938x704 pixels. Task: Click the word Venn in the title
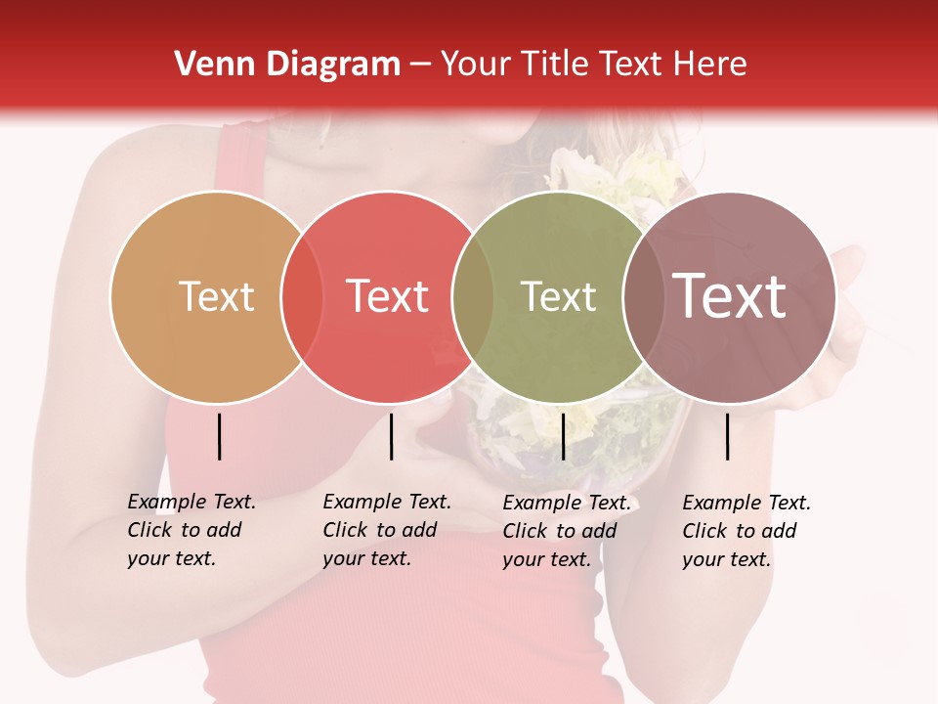(x=206, y=65)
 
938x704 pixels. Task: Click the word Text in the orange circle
(x=216, y=296)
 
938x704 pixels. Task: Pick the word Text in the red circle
(x=387, y=296)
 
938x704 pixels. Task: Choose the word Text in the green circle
(x=558, y=296)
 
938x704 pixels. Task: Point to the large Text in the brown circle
(x=730, y=295)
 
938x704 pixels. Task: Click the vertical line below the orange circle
(x=220, y=436)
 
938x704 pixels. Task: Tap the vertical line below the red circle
(x=391, y=436)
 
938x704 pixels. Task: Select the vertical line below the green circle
(x=564, y=436)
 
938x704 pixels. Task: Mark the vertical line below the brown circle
(x=728, y=436)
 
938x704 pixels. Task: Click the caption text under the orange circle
(x=191, y=530)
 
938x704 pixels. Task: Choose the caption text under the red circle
(x=386, y=530)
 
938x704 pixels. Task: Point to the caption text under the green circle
(x=566, y=531)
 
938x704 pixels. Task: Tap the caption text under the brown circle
(x=746, y=531)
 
